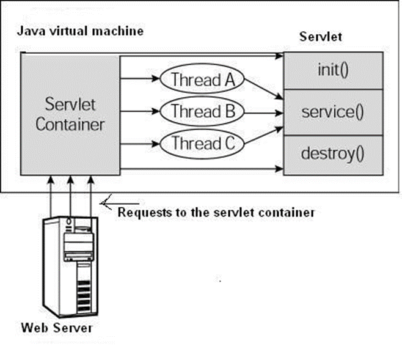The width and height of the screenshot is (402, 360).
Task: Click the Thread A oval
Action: (202, 79)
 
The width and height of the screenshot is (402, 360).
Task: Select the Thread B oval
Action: (202, 112)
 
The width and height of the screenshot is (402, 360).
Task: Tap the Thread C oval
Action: (202, 144)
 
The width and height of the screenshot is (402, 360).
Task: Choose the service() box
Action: (333, 112)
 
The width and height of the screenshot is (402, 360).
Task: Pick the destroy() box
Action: (333, 153)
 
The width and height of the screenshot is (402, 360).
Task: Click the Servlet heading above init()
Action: (320, 36)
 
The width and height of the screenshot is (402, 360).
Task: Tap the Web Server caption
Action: (56, 328)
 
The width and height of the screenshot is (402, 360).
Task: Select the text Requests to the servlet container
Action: (216, 212)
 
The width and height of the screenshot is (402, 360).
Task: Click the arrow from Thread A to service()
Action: (263, 89)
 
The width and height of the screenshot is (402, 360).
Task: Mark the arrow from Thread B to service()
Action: (263, 112)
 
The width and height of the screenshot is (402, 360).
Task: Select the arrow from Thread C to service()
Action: (263, 135)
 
